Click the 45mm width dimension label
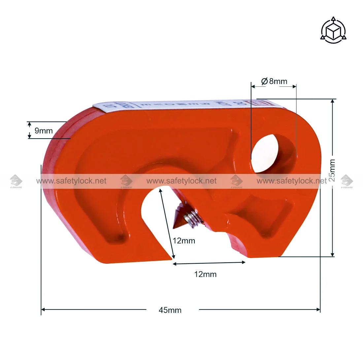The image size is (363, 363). coord(170,310)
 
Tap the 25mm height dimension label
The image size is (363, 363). coord(332,170)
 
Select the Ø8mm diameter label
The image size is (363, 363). coord(274,81)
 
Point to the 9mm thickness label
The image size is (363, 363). coord(44,131)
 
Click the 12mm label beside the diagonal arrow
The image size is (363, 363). coord(184,241)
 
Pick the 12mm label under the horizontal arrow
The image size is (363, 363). coord(205,274)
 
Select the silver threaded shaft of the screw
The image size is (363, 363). coord(190,218)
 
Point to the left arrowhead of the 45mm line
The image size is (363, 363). coord(43,310)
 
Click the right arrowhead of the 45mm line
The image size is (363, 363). coord(318,310)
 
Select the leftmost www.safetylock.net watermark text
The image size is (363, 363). coord(71,181)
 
